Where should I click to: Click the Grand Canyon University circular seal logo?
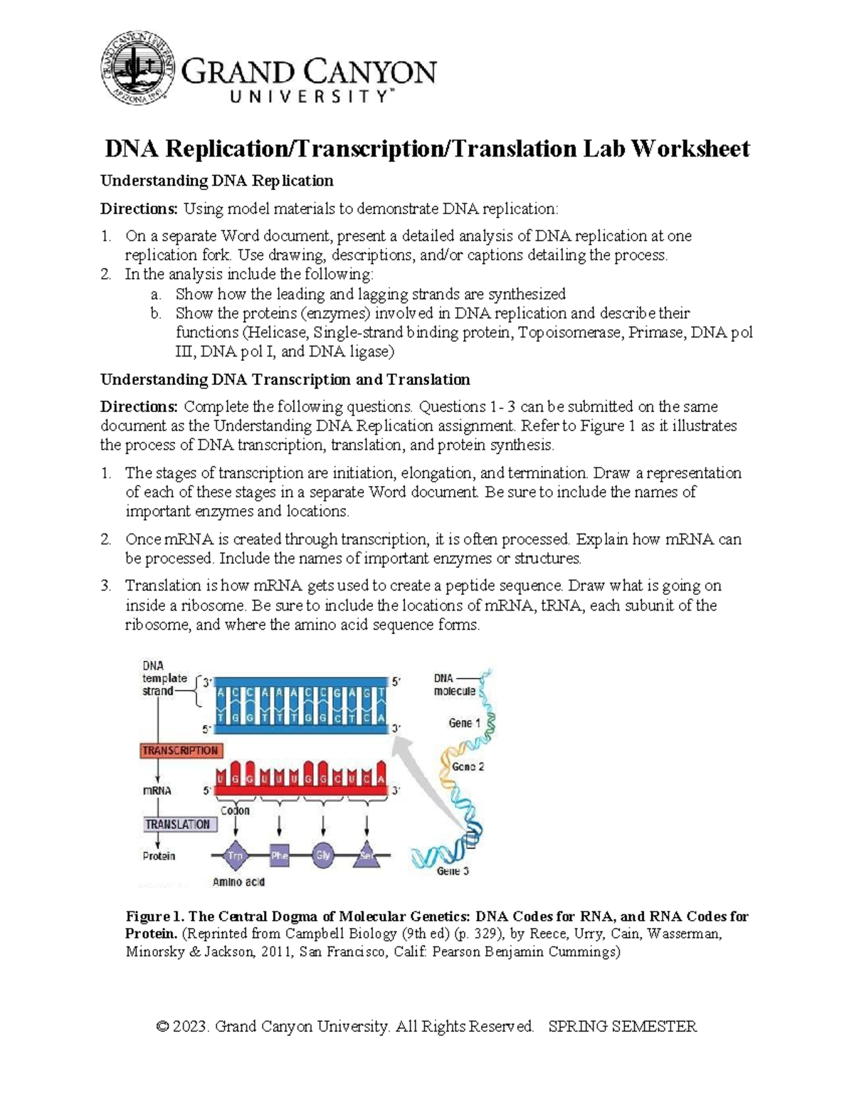[x=137, y=68]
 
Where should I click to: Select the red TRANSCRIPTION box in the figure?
[x=180, y=751]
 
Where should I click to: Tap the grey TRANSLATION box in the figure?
[x=178, y=824]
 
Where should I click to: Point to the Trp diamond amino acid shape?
[x=235, y=856]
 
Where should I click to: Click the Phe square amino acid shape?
[x=279, y=856]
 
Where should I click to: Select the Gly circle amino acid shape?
[x=323, y=856]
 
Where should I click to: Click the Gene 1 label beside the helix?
[x=464, y=723]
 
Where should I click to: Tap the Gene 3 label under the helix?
[x=453, y=871]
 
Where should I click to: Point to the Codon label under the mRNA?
[x=235, y=810]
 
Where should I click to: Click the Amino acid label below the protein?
[x=238, y=882]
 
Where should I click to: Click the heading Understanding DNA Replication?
[x=216, y=181]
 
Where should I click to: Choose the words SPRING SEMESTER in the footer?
[x=623, y=1027]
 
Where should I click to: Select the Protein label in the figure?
[x=159, y=856]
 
